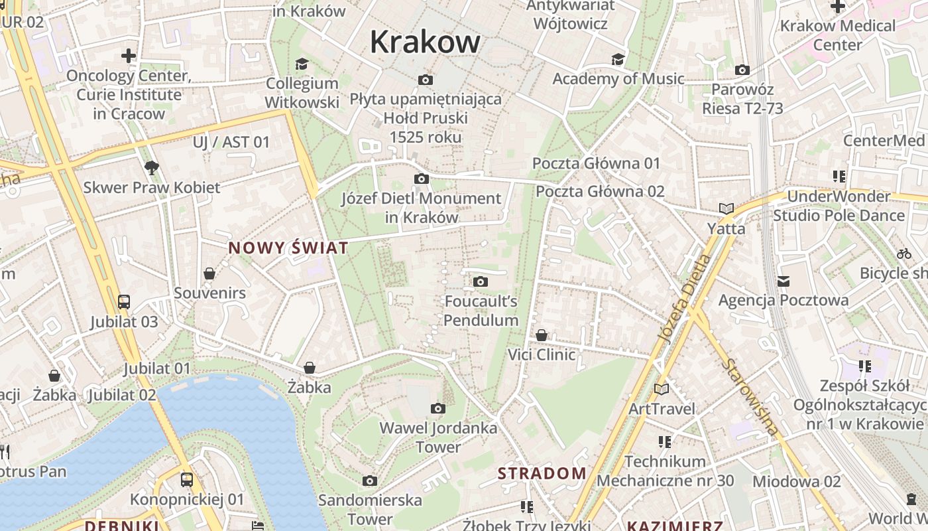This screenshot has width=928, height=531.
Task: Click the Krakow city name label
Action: [x=425, y=42]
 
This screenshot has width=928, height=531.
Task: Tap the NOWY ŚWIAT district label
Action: [x=288, y=248]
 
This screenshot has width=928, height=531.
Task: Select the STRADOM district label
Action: [x=542, y=473]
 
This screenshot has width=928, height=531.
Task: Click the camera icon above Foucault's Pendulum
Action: [x=481, y=282]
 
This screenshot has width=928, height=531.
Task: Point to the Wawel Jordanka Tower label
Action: [x=438, y=437]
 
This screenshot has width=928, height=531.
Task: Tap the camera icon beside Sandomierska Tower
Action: [x=370, y=481]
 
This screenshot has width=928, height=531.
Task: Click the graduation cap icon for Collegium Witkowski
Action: [x=302, y=64]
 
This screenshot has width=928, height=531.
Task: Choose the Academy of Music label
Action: [x=618, y=79]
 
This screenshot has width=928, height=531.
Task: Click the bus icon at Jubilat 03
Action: [x=124, y=302]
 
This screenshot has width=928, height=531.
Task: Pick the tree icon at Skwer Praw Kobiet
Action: [x=152, y=167]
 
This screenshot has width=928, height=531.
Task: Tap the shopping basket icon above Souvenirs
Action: [x=209, y=273]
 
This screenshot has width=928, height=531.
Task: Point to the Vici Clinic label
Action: [x=542, y=354]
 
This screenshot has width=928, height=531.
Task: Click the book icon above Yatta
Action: [x=726, y=208]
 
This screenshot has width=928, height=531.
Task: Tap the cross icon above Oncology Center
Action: [x=129, y=56]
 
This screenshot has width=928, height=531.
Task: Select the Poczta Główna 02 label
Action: [x=600, y=192]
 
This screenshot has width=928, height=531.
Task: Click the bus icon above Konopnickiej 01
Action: [x=187, y=479]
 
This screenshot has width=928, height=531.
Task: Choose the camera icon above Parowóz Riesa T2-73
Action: [x=742, y=70]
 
